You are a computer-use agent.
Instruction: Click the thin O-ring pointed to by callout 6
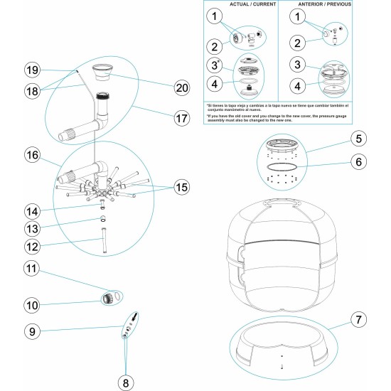(283, 166)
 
